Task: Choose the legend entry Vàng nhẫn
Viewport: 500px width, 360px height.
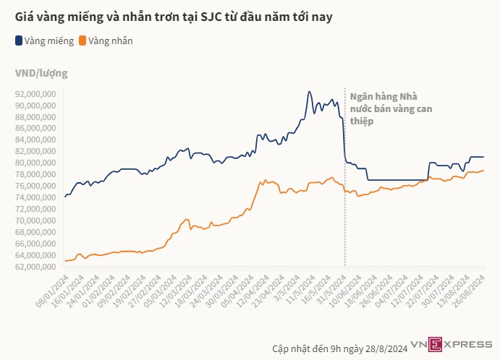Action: pyautogui.click(x=111, y=41)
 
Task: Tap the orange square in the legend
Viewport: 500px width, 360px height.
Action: pyautogui.click(x=83, y=41)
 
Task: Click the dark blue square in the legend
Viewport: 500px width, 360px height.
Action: pyautogui.click(x=18, y=41)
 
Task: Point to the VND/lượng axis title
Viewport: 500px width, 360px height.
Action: pyautogui.click(x=41, y=73)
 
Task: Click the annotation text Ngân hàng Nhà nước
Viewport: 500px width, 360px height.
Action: pyautogui.click(x=384, y=109)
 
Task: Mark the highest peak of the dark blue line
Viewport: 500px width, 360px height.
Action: pyautogui.click(x=309, y=92)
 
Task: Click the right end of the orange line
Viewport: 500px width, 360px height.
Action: pyautogui.click(x=483, y=171)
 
